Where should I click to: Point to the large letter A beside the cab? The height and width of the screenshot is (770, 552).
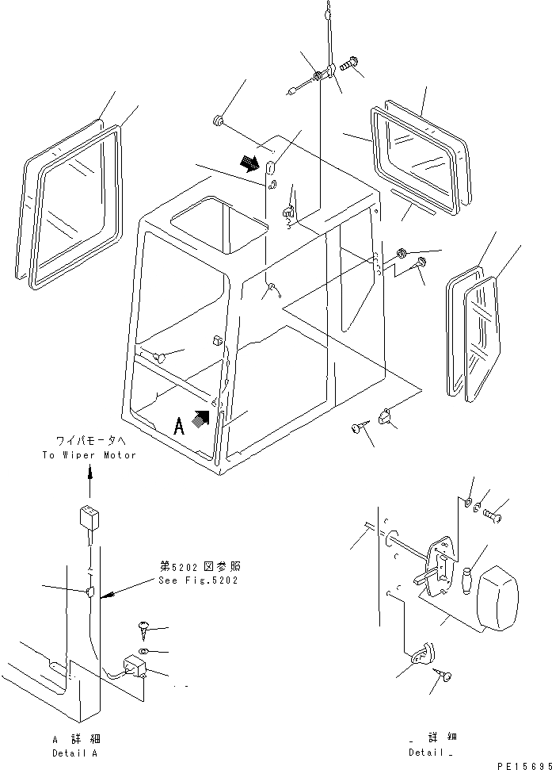pyautogui.click(x=180, y=427)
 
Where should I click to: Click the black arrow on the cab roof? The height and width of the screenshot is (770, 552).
pyautogui.click(x=249, y=163)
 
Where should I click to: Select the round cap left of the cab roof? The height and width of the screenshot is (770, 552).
pyautogui.click(x=216, y=121)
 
